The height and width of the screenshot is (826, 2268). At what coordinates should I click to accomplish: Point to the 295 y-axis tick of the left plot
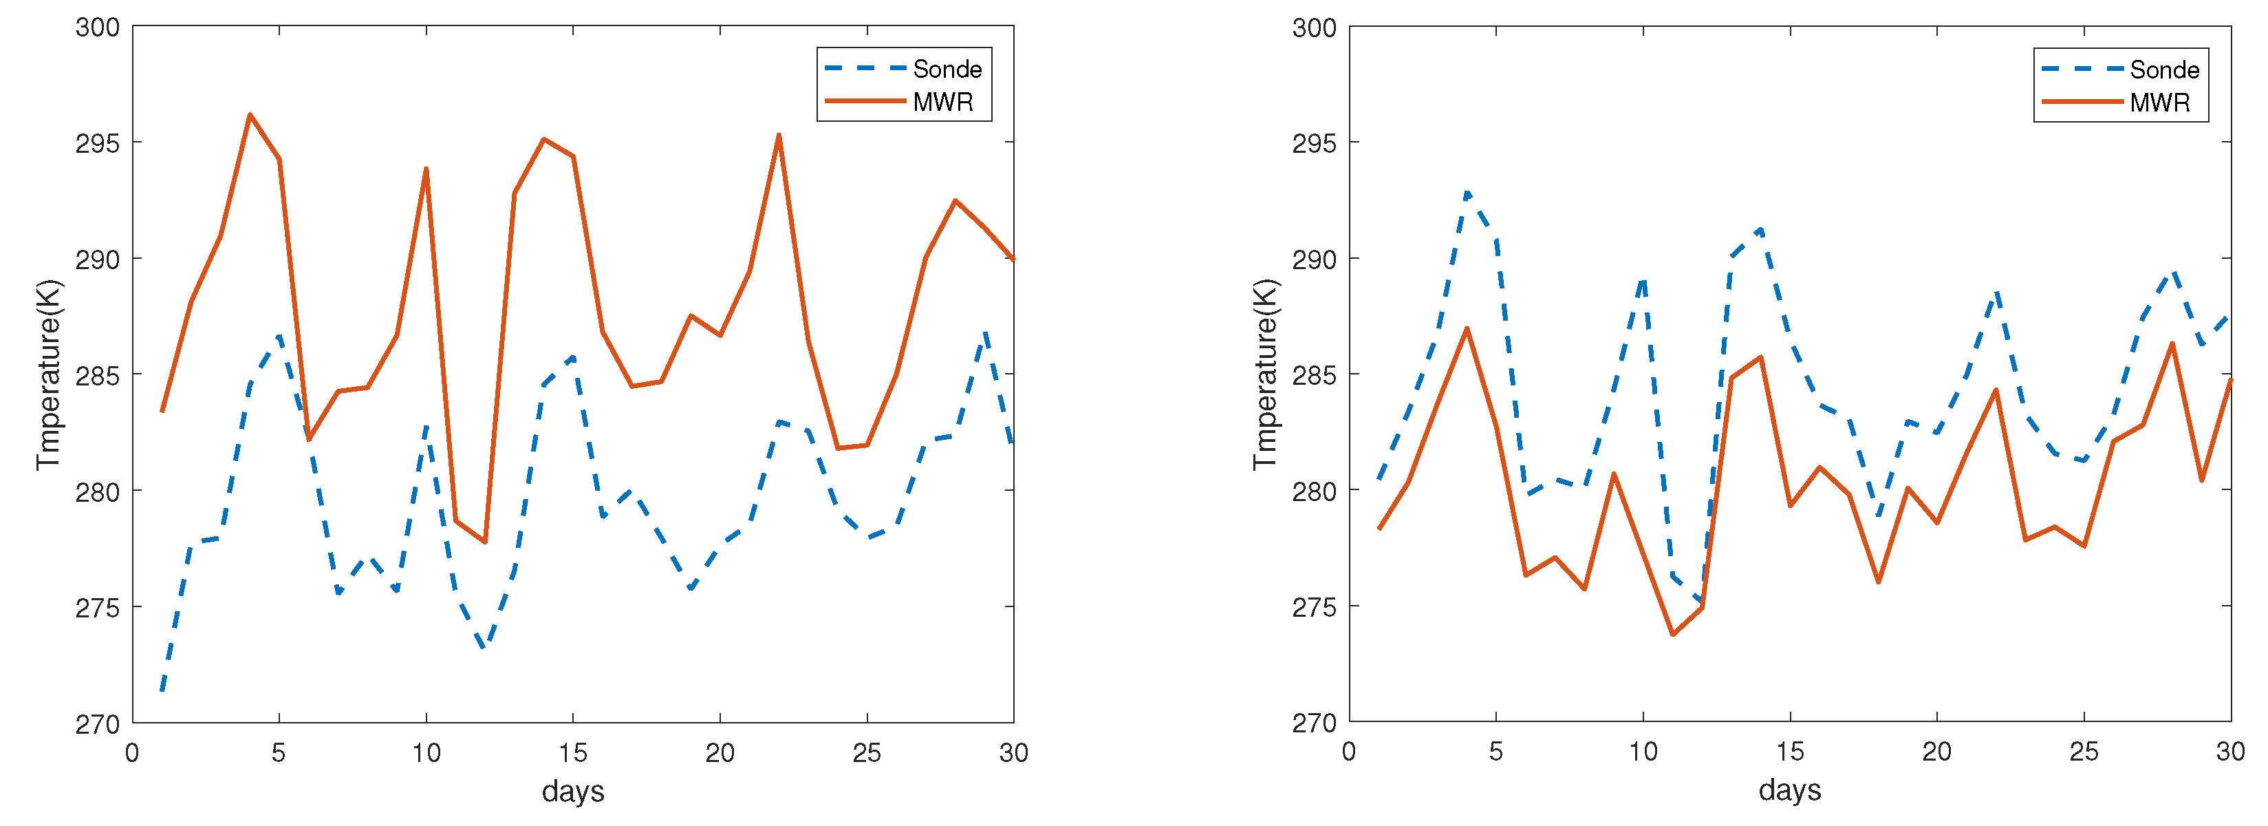click(97, 142)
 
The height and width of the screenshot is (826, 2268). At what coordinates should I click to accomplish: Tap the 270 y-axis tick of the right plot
click(1314, 723)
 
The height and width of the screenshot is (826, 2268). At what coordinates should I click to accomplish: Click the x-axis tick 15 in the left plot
click(573, 753)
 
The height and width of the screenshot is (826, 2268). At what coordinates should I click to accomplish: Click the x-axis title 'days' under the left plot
click(573, 791)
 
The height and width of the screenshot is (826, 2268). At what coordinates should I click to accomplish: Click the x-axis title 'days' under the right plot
click(1789, 790)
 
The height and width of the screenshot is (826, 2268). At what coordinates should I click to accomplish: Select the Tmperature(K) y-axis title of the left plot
click(48, 374)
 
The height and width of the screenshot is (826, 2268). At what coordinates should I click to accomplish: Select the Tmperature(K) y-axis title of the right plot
click(1265, 374)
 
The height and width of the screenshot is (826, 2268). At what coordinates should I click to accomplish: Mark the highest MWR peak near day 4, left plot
click(250, 114)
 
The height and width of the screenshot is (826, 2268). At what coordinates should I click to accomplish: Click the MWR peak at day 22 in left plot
click(779, 135)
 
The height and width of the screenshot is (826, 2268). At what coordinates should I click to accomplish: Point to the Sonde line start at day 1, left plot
click(162, 690)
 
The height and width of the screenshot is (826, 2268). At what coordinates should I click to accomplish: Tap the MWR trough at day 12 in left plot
click(485, 542)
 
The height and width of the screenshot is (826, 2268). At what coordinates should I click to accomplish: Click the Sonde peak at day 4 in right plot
click(1467, 192)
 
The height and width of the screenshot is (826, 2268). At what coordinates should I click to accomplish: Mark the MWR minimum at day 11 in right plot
click(1673, 634)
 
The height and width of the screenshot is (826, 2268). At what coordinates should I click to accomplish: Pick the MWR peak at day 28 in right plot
click(2172, 343)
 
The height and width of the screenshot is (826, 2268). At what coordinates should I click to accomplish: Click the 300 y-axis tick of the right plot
click(1314, 28)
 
